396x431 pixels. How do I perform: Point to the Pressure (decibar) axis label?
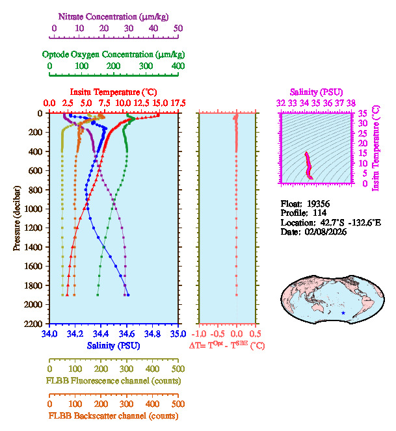17,218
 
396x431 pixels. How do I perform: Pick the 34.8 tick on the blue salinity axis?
152,334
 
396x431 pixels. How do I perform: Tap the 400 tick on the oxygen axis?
178,66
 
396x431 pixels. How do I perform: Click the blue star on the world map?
343,313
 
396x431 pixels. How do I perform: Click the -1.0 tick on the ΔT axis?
200,334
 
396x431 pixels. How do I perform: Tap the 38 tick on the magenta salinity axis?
351,103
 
